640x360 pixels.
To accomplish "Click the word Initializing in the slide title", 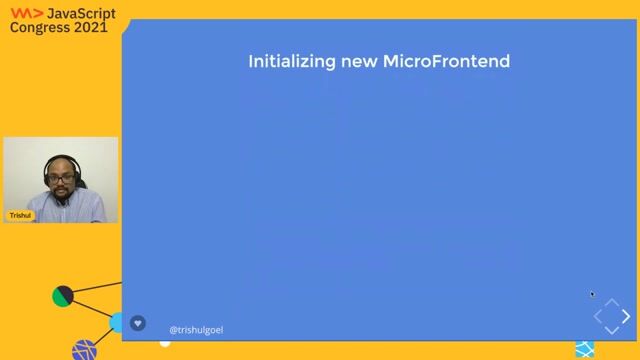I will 284,62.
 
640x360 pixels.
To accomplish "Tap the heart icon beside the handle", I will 138,323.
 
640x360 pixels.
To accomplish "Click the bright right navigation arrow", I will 627,317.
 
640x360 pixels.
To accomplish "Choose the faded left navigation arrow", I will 599,317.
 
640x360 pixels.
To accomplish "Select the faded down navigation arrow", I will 613,331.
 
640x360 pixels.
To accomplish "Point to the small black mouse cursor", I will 592,294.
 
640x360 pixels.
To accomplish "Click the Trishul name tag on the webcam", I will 20,215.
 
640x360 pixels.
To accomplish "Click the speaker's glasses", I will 60,176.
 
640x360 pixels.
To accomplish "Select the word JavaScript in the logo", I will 82,13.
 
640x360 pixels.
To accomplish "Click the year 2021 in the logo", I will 89,28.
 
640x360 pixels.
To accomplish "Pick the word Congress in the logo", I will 40,28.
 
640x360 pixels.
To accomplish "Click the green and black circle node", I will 63,296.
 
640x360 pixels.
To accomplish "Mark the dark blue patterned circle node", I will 85,350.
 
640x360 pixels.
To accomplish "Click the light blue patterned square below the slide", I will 584,349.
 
